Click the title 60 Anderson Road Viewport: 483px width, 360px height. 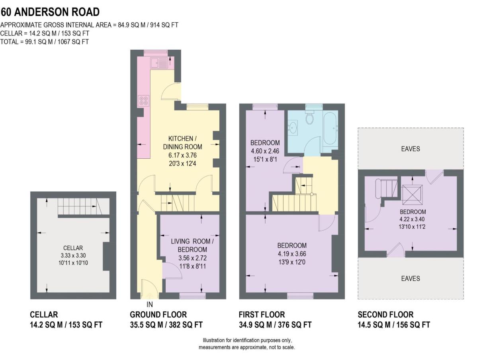tap(50, 12)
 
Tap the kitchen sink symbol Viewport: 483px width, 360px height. tap(158, 62)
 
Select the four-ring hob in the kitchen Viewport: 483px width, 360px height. tap(144, 101)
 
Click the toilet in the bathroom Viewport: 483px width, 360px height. tap(310, 118)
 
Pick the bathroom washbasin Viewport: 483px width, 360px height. tap(293, 128)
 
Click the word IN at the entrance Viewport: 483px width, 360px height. tap(150, 305)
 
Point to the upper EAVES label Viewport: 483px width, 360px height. tap(410, 149)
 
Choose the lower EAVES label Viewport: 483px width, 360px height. tap(410, 278)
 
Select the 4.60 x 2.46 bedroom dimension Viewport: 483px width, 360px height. tap(265, 151)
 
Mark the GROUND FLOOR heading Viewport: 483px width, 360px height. tap(158, 315)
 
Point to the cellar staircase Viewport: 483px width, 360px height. tap(78, 206)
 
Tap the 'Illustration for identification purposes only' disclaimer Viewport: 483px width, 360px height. tap(247, 341)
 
